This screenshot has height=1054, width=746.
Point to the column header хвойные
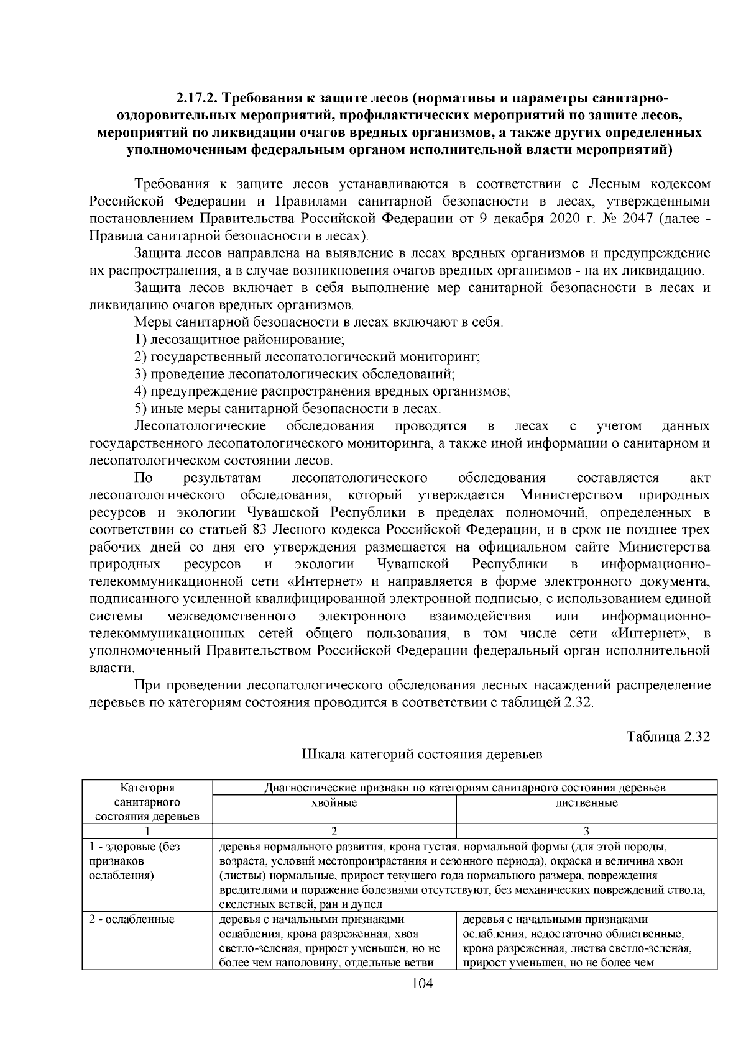click(334, 803)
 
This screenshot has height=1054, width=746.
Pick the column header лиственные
click(586, 803)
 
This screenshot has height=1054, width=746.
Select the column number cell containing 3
click(586, 831)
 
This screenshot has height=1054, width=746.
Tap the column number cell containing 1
click(147, 831)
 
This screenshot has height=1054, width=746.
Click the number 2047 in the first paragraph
click(636, 219)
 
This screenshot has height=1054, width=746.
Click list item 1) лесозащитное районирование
click(239, 340)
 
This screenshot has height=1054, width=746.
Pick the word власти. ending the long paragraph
click(112, 668)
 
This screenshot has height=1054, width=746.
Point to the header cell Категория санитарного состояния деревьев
click(147, 802)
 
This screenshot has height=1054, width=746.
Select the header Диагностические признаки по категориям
click(464, 788)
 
